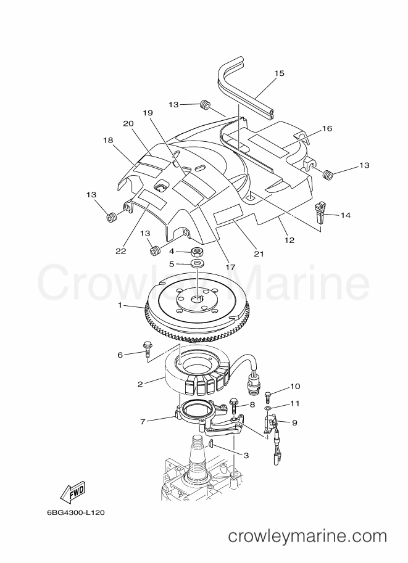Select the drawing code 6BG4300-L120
[76, 512]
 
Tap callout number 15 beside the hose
[279, 73]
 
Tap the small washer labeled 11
[268, 409]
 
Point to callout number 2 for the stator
[140, 384]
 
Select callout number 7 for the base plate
[143, 422]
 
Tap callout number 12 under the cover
[289, 240]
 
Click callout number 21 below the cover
[259, 254]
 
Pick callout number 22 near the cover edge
[121, 251]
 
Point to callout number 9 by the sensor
[294, 422]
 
